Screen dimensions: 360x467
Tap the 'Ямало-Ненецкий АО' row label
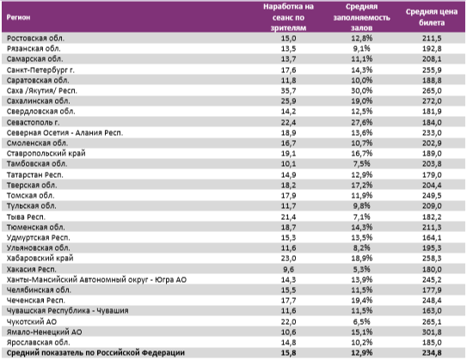[x=42, y=329]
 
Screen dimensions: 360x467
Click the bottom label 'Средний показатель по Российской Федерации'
[x=95, y=351]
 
